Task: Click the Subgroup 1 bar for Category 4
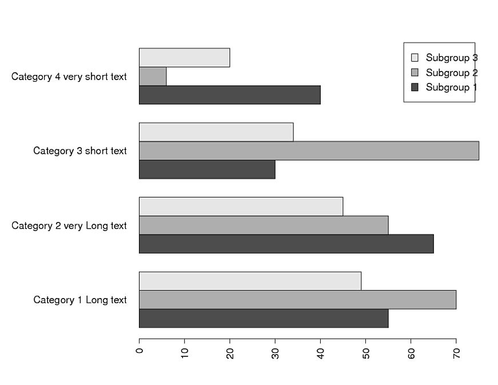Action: (x=229, y=95)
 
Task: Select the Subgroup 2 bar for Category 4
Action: (x=153, y=77)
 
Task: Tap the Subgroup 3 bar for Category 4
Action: (x=184, y=58)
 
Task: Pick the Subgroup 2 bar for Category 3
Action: (x=309, y=150)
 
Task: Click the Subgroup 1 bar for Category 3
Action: (x=207, y=169)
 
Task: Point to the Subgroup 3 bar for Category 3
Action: (x=216, y=132)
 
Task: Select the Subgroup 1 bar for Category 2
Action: (x=286, y=244)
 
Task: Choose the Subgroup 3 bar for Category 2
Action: (x=241, y=207)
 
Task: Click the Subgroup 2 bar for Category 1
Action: (x=297, y=300)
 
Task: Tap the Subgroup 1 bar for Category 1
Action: (x=264, y=319)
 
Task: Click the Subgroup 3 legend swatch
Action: (x=415, y=58)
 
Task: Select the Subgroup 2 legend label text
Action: (x=451, y=73)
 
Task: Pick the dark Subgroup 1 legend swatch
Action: (x=415, y=87)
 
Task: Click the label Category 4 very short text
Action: (x=69, y=77)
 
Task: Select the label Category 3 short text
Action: (x=80, y=151)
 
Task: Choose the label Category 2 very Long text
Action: (x=69, y=226)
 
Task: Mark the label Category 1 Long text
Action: (x=80, y=300)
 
